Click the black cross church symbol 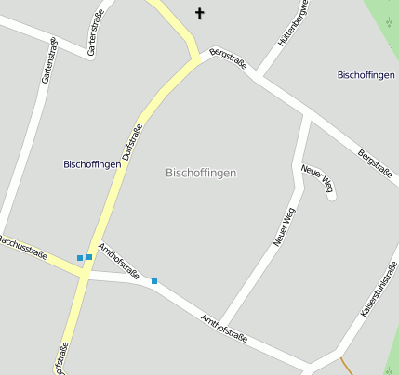(198, 13)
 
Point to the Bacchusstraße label (22, 246)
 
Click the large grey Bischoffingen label (200, 173)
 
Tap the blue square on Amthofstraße (154, 280)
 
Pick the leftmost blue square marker (80, 258)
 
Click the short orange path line (346, 366)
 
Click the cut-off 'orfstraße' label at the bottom (60, 359)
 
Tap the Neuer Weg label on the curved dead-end (317, 180)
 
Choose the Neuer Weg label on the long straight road (284, 227)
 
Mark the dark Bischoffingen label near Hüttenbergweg (366, 74)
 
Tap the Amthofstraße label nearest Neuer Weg (224, 329)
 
